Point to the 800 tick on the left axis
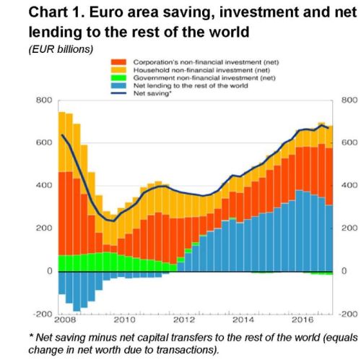click(x=45, y=100)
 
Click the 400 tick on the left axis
click(x=45, y=186)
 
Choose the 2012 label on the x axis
click(x=185, y=319)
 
